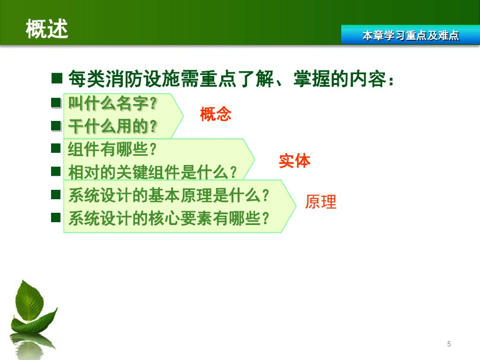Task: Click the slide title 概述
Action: point(47,29)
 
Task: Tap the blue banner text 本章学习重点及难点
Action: point(411,36)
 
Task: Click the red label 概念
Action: point(216,114)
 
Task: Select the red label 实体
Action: point(294,161)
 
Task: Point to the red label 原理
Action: point(321,202)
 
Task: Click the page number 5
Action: point(449,344)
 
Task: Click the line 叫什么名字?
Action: point(112,103)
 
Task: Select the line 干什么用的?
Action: point(112,126)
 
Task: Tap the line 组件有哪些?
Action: point(112,149)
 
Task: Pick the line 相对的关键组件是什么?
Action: point(152,172)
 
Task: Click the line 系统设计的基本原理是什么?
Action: point(169,195)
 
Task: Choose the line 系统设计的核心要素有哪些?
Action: point(169,218)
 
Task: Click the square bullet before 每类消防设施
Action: point(57,78)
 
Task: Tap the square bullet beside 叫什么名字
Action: point(56,103)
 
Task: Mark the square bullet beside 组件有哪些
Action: point(56,148)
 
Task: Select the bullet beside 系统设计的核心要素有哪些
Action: point(56,217)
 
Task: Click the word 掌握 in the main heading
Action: point(312,79)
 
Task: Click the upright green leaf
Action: point(30,301)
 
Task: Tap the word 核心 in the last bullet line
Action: point(164,218)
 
